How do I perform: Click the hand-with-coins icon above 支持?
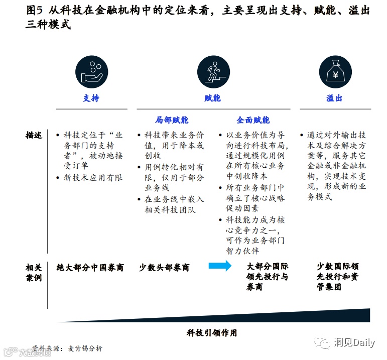click(x=92, y=72)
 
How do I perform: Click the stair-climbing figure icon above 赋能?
click(x=213, y=72)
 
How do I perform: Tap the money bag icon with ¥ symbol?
click(x=334, y=72)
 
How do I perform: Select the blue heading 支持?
click(x=91, y=98)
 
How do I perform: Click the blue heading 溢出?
click(x=334, y=98)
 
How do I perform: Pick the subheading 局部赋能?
click(x=172, y=121)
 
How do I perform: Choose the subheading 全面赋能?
click(x=253, y=121)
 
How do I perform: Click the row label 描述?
click(x=34, y=136)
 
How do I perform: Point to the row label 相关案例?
click(x=34, y=272)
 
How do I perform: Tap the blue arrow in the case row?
click(x=220, y=266)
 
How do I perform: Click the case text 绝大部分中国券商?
click(x=90, y=268)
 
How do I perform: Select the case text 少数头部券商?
click(x=164, y=268)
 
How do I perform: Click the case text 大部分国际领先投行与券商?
click(x=268, y=277)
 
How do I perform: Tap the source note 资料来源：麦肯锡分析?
click(x=67, y=348)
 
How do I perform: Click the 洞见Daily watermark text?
click(x=354, y=343)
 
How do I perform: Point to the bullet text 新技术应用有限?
click(x=93, y=178)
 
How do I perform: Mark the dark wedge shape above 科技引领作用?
click(x=301, y=316)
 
